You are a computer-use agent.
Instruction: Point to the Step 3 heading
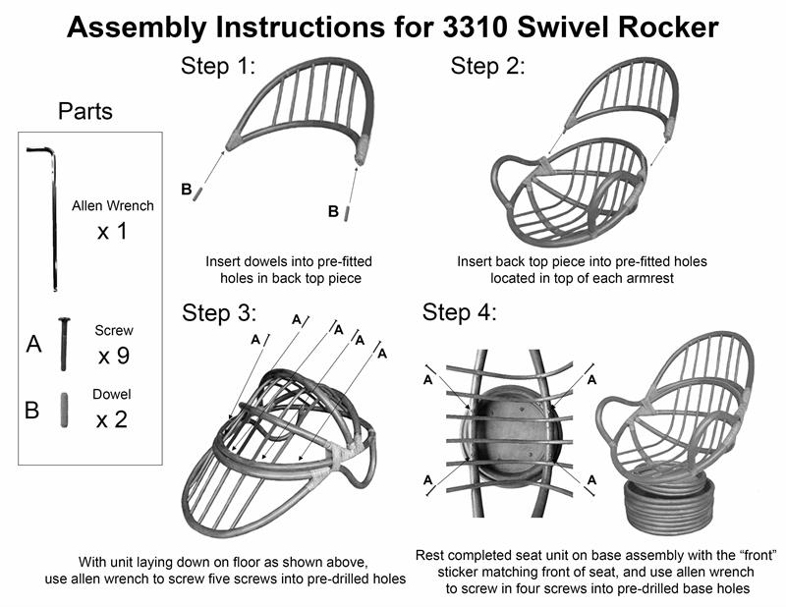[218, 312]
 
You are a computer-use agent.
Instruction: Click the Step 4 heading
[460, 312]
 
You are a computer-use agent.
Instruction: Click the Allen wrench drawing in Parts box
[49, 216]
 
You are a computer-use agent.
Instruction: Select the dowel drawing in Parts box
[63, 410]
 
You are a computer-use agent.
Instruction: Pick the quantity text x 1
[116, 234]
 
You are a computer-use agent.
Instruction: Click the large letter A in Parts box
[32, 345]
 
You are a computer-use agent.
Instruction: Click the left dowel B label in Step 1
[185, 187]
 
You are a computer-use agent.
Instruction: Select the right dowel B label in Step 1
[334, 210]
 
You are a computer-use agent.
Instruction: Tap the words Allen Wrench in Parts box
[113, 207]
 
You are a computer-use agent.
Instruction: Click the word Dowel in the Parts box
[114, 394]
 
